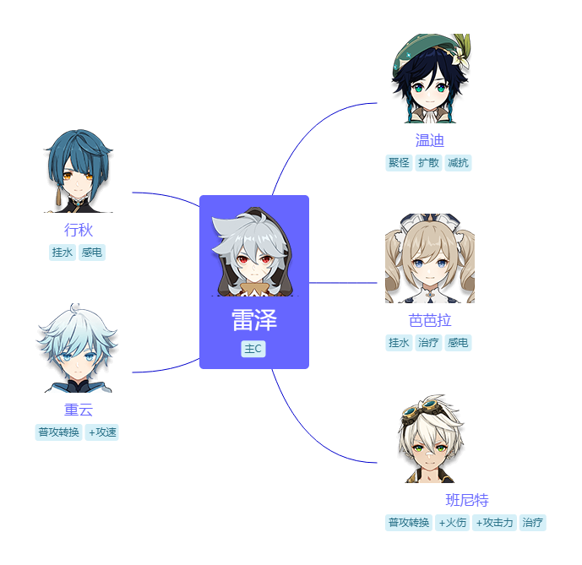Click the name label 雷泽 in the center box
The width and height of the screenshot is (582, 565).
coord(254,320)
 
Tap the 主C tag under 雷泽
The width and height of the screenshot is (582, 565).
coord(253,349)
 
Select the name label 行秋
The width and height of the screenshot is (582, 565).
coord(79,230)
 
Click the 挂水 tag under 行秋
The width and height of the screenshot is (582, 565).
coord(63,253)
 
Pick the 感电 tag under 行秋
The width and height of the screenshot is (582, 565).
coord(92,253)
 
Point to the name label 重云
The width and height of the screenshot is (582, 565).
coord(79,410)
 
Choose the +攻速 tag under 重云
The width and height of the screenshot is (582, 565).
coord(101,432)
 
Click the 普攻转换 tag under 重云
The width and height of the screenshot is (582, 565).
coord(58,432)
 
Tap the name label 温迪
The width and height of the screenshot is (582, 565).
coord(429,140)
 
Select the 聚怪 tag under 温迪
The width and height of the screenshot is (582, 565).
coord(399,163)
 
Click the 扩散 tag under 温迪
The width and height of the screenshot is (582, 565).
coord(428,163)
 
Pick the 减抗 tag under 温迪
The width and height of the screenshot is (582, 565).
coord(458,163)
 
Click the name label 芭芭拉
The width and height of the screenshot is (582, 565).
coord(429,320)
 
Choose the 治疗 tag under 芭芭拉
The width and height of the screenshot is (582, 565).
coord(428,343)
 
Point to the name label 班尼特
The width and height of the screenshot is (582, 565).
coord(467,500)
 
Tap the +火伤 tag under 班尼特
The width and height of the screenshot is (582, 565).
coord(453,523)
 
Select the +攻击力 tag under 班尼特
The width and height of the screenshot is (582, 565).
coord(494,523)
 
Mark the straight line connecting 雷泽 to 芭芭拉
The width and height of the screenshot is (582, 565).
coord(343,283)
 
